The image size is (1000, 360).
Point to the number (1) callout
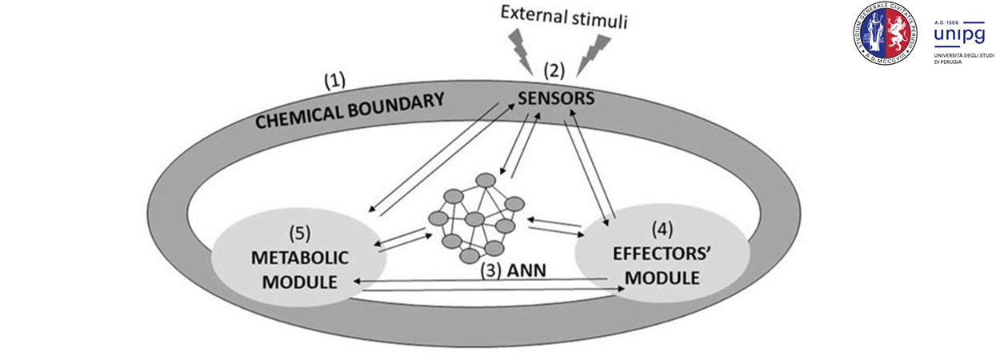pos(334,81)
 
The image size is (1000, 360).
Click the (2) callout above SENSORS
pos(555,70)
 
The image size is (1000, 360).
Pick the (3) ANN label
pos(513,270)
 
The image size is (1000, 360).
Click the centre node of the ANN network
pos(474,219)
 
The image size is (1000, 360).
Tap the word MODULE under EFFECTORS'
pos(662,278)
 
